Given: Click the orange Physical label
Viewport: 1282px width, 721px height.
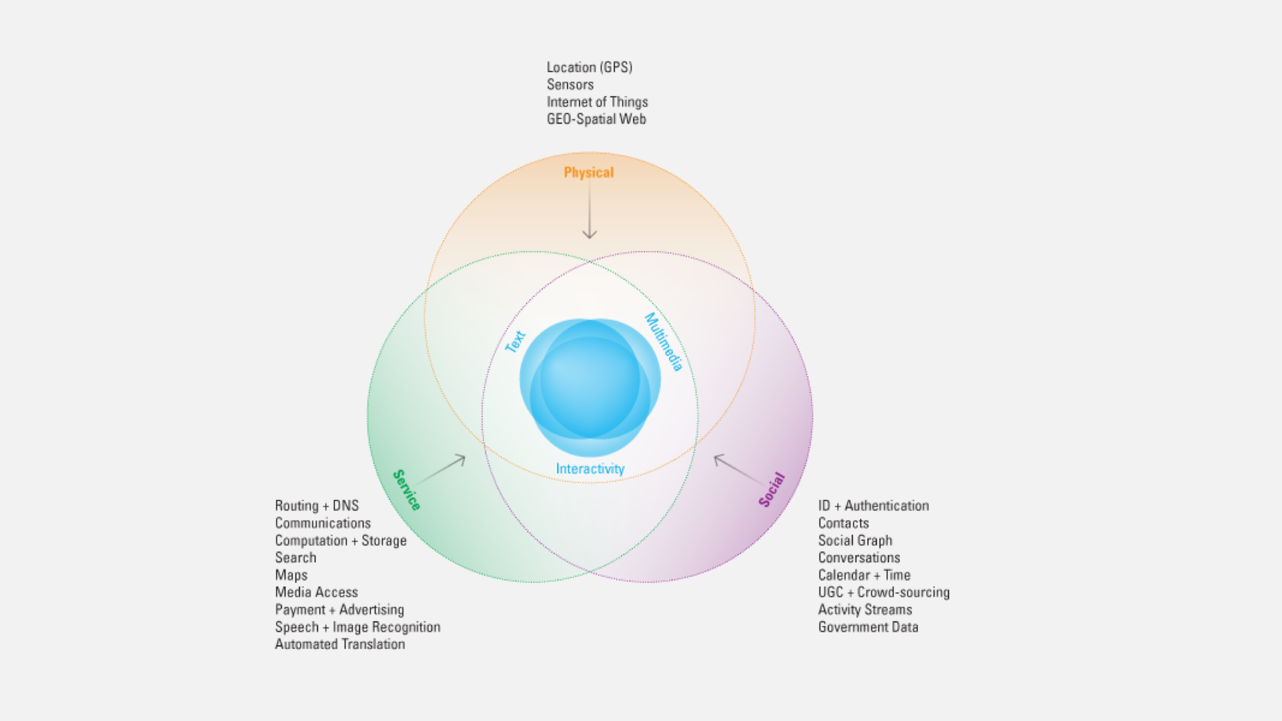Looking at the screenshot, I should point(588,172).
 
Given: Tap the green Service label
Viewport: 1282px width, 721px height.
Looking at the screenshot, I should point(407,490).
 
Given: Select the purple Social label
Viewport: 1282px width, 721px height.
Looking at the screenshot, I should point(772,489).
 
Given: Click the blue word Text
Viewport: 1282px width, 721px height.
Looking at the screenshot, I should point(515,341).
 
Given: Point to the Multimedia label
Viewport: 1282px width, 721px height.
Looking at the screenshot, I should point(663,342).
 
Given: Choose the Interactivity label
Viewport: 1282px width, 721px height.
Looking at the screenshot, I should point(590,469).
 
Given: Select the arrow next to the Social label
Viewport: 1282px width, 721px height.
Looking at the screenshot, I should point(738,469).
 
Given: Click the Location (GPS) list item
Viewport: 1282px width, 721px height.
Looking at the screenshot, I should point(590,67).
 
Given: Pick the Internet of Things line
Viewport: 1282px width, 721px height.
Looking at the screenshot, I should point(597,102).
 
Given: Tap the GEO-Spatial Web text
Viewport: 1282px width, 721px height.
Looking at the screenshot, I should point(596,119).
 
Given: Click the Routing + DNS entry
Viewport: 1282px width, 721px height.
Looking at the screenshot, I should point(317,506).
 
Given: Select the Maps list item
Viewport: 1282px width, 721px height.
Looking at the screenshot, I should point(291,575).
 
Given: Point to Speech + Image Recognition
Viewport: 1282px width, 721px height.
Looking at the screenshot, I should point(358,628).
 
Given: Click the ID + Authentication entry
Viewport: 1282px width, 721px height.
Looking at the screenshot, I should point(873,506).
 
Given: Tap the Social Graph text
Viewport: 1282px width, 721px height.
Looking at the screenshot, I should point(855,541).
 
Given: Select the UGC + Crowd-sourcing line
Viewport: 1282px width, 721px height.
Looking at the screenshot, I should point(884,593).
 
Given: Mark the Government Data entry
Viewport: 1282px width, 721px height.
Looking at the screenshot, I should point(868,628).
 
